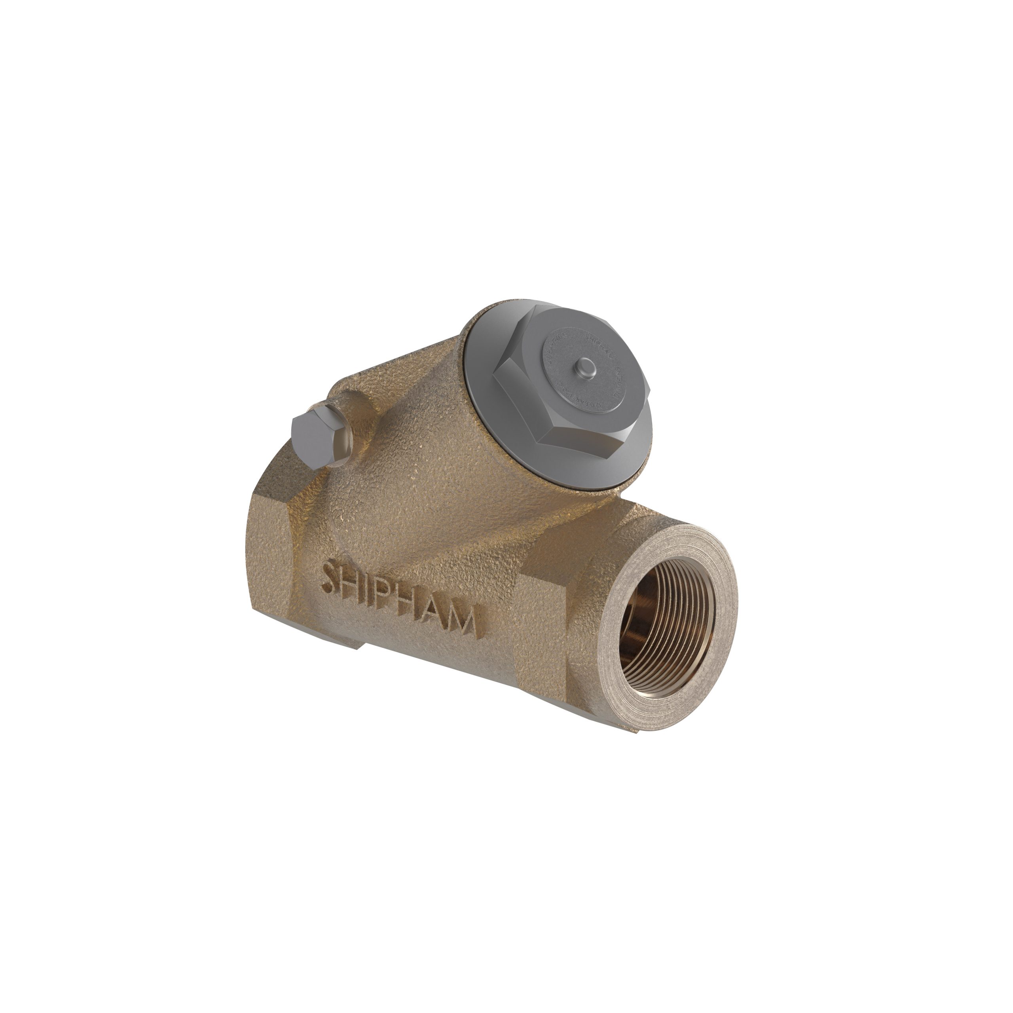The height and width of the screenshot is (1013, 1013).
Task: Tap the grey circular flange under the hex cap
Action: [x=488, y=398]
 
